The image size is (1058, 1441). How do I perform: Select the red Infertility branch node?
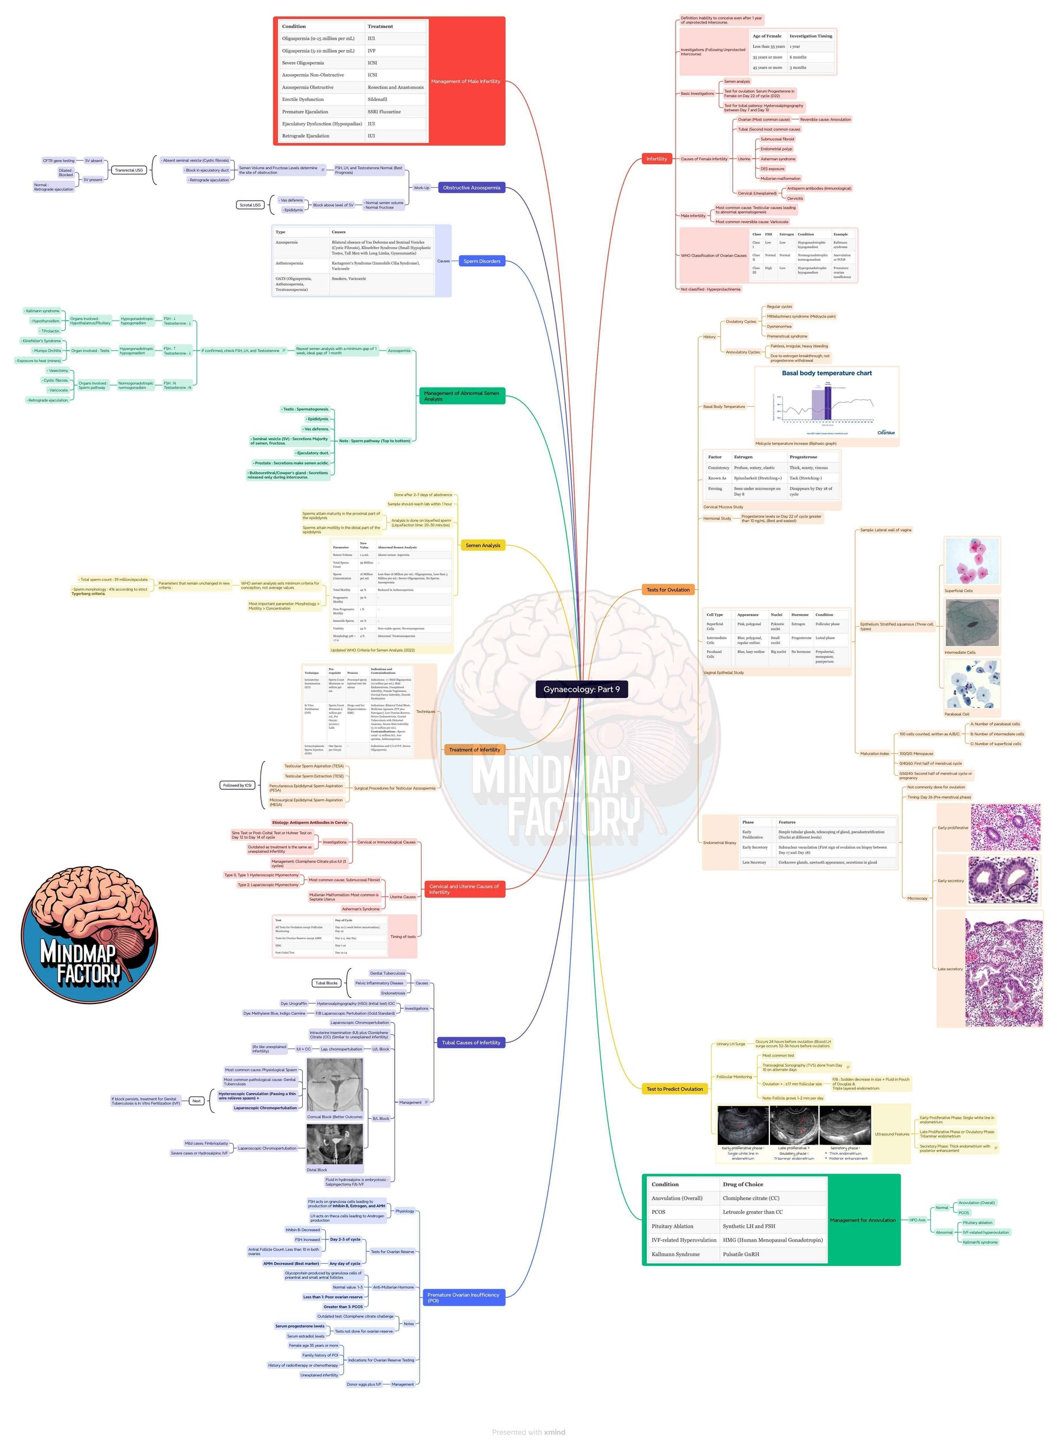click(656, 159)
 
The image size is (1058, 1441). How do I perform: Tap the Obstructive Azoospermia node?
click(471, 188)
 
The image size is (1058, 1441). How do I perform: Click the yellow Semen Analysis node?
click(482, 545)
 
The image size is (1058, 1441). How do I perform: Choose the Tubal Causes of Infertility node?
click(471, 1042)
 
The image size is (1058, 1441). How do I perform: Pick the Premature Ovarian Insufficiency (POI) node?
click(463, 1297)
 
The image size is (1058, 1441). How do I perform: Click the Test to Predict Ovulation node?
click(674, 1088)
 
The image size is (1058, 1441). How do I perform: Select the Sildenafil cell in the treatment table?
click(377, 99)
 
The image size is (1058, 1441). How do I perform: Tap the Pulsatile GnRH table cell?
click(740, 1254)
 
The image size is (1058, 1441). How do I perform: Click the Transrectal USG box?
click(129, 170)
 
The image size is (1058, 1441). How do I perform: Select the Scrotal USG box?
click(250, 205)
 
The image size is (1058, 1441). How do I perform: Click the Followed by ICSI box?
click(237, 785)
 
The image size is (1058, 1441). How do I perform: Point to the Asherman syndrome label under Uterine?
click(777, 159)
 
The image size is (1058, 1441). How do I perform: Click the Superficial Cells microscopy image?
click(971, 562)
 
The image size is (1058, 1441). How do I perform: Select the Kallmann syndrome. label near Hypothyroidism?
click(42, 310)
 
